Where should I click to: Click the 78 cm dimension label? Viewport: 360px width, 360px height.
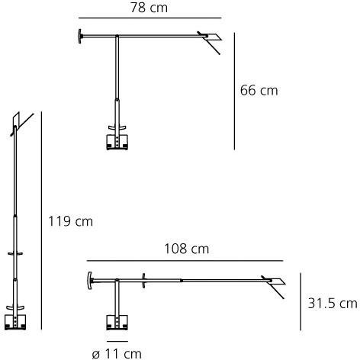coord(149,8)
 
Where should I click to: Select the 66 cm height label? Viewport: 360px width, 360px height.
coord(259,91)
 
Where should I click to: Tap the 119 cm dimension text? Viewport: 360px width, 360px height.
coord(70,221)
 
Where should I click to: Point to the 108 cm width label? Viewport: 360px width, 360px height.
coord(187,249)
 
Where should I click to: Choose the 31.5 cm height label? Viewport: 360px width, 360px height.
coord(333,304)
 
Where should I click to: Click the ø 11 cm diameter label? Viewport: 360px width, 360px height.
coord(117,354)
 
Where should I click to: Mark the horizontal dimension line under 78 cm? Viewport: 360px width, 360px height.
coord(150,18)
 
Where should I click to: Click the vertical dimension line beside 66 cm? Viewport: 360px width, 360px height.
coord(234,91)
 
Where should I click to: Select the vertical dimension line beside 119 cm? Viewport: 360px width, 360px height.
coord(41,220)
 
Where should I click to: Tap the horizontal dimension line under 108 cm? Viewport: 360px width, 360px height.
coord(185,261)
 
